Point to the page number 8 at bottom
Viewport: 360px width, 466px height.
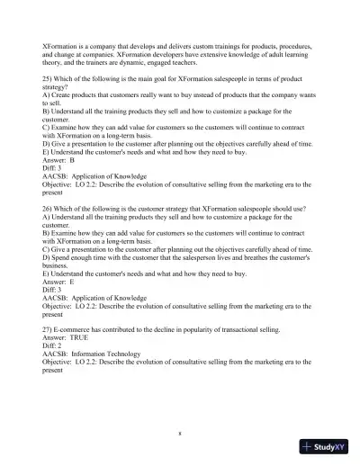pyautogui.click(x=180, y=433)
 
